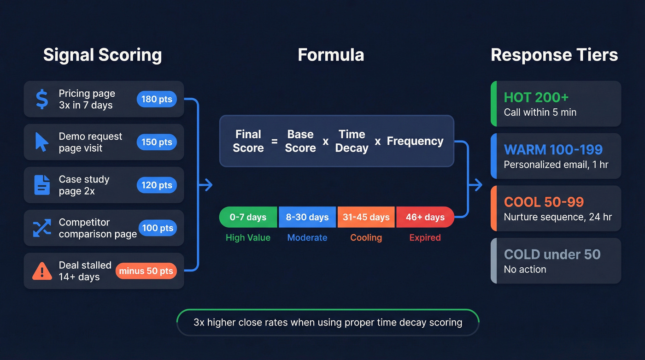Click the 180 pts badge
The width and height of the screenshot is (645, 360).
(x=157, y=99)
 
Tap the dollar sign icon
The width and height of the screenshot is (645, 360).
(x=42, y=99)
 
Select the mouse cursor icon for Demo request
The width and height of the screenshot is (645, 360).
(x=42, y=142)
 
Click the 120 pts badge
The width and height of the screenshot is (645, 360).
(x=157, y=185)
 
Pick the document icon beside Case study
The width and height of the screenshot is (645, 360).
(x=42, y=185)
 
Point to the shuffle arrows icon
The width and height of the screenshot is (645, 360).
(x=42, y=228)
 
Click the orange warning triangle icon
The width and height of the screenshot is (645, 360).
(x=42, y=271)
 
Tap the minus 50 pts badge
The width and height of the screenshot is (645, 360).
(x=146, y=271)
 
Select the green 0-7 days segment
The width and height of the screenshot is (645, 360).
(x=248, y=217)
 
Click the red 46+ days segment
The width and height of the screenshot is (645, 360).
(x=425, y=217)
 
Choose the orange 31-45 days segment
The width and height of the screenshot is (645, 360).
(x=366, y=217)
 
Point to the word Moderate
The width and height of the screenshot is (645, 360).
(x=307, y=238)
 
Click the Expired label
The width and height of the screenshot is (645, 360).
(x=425, y=238)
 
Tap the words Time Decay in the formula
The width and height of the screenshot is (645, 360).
(x=352, y=141)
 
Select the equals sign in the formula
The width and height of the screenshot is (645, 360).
(x=275, y=142)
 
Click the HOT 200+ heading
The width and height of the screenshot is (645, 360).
(x=536, y=97)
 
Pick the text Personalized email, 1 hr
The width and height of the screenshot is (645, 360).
(x=556, y=165)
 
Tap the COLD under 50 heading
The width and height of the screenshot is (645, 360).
(x=552, y=254)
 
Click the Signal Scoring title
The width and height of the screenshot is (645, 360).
(x=102, y=55)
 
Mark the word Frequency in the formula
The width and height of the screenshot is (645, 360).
(x=415, y=141)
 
